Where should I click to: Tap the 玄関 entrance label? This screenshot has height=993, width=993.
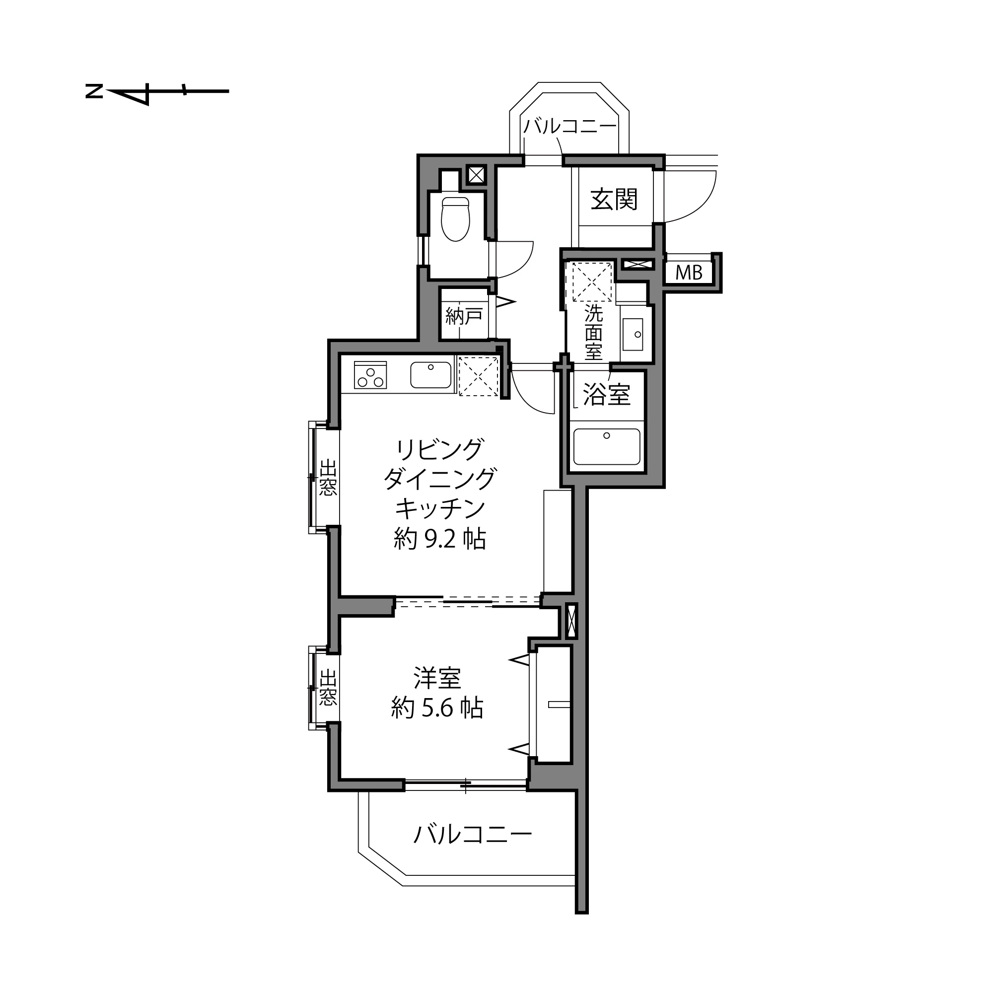point(614,200)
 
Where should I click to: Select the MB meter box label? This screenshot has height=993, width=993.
point(689,273)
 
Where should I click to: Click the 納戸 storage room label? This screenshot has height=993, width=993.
point(464,316)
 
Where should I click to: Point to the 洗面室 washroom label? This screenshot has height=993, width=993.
point(593,333)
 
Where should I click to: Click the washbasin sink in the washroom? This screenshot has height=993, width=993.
point(633,334)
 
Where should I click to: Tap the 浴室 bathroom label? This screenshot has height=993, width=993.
point(607,395)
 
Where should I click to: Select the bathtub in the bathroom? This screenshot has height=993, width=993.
point(607,447)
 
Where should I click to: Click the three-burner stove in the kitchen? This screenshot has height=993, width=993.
point(370,375)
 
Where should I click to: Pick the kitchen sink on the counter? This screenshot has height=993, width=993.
point(430,375)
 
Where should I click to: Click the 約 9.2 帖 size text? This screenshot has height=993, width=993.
point(439,540)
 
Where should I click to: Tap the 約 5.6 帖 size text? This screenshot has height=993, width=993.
point(437,709)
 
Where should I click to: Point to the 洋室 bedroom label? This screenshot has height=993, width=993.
point(437,678)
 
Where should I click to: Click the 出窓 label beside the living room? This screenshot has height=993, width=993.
point(328,478)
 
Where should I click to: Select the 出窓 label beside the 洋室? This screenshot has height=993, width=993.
point(328,687)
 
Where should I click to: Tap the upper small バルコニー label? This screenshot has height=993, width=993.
point(570,127)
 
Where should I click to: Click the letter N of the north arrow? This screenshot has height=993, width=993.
point(94,92)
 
